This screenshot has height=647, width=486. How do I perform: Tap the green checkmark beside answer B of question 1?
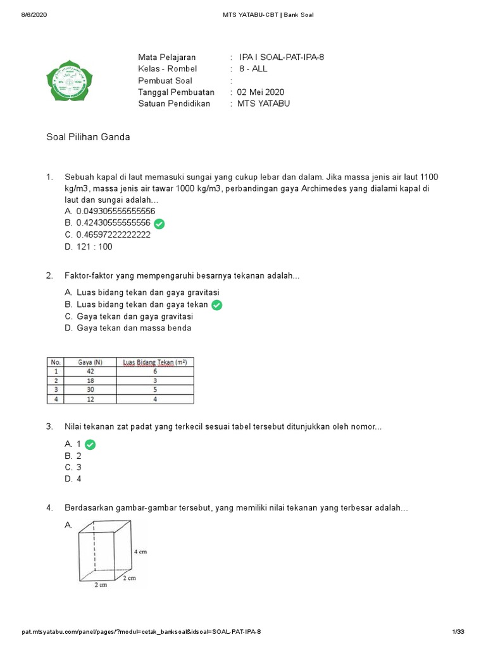click(159, 224)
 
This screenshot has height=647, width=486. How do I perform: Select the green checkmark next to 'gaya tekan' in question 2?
click(217, 305)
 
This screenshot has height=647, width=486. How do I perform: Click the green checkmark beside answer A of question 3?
click(90, 445)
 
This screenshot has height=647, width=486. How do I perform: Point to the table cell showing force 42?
click(90, 372)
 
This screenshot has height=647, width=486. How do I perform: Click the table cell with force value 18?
click(90, 381)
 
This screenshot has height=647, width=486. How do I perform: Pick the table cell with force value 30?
click(90, 390)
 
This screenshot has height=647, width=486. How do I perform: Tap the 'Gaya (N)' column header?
click(90, 362)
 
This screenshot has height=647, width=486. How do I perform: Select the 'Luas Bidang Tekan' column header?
click(155, 362)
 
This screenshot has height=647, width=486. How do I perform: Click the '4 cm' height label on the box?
click(140, 552)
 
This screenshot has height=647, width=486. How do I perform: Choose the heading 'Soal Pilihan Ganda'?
click(89, 137)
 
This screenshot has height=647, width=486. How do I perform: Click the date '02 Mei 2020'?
click(262, 92)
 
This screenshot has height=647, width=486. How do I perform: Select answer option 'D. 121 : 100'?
click(89, 247)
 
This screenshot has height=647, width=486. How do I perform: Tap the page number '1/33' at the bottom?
click(458, 632)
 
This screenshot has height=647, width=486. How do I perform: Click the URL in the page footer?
click(141, 632)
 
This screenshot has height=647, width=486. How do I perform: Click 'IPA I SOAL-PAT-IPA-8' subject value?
click(282, 57)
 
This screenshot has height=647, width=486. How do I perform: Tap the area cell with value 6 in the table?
click(155, 372)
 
